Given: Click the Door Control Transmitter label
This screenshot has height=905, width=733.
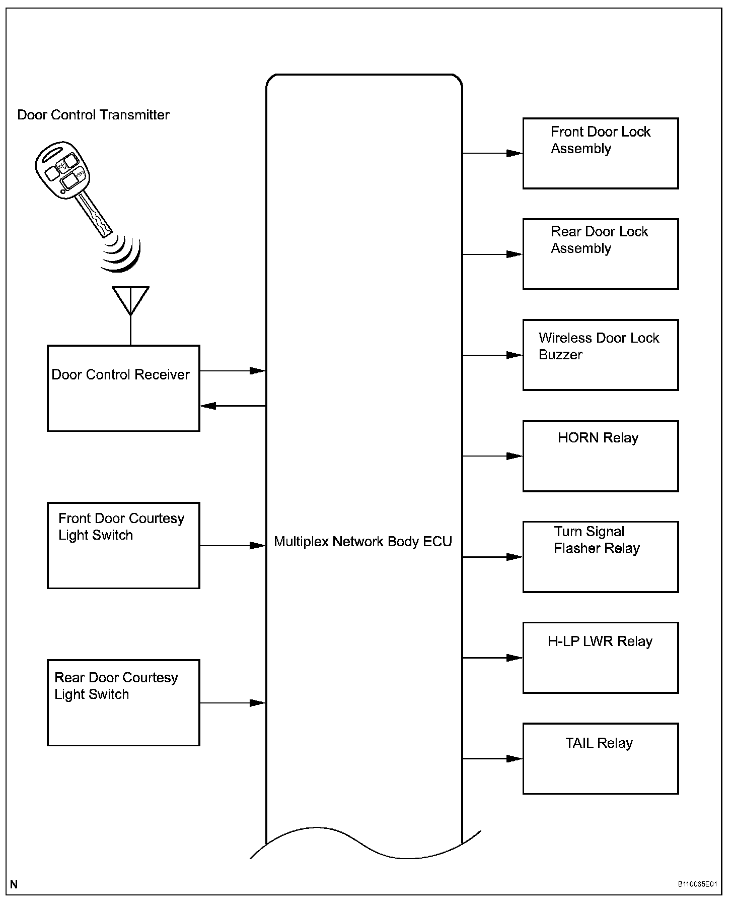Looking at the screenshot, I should [93, 115].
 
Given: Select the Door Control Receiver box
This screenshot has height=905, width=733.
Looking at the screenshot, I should [123, 388].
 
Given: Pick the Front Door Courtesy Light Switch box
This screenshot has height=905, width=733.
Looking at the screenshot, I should [123, 545].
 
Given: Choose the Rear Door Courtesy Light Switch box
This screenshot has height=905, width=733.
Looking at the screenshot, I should [123, 702].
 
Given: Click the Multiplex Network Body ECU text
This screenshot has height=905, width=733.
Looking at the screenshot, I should [363, 542].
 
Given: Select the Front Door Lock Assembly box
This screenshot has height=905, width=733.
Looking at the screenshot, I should [600, 153].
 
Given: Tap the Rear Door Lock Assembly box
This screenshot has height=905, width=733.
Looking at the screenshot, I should [600, 254].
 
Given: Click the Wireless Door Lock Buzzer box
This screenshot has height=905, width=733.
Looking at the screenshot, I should [600, 355].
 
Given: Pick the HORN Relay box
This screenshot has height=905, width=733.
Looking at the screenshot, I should [600, 456].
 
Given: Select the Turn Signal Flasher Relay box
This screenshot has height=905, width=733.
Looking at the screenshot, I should [600, 557].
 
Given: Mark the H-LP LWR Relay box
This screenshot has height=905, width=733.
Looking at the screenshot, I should [600, 658].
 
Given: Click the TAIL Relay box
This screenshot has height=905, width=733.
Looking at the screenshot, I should [600, 758].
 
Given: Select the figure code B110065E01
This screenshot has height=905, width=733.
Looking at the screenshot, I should [697, 884].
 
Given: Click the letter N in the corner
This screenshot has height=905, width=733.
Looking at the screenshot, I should [14, 884].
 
